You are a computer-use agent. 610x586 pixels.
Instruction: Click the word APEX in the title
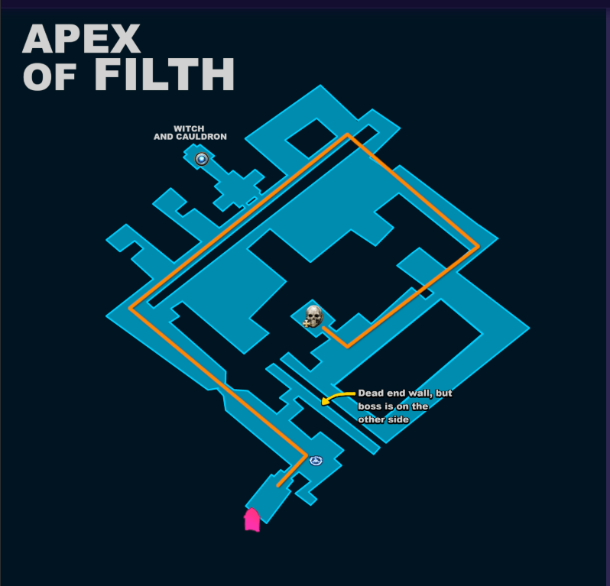pyautogui.click(x=81, y=38)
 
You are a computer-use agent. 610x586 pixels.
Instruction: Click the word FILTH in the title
pyautogui.click(x=164, y=74)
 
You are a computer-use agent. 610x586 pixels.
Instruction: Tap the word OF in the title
pyautogui.click(x=50, y=76)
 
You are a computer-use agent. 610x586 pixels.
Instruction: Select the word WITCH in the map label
pyautogui.click(x=189, y=128)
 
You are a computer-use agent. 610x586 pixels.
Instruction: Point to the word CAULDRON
pyautogui.click(x=201, y=137)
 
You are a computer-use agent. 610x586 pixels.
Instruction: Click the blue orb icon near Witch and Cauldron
pyautogui.click(x=202, y=159)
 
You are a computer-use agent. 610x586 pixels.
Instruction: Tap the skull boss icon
pyautogui.click(x=314, y=316)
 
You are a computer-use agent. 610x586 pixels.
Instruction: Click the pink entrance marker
pyautogui.click(x=251, y=520)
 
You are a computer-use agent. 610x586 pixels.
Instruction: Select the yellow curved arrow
pyautogui.click(x=336, y=397)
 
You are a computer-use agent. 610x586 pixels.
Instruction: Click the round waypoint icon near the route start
pyautogui.click(x=316, y=461)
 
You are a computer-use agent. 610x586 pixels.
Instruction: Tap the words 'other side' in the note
pyautogui.click(x=383, y=419)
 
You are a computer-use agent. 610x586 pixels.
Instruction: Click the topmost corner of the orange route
pyautogui.click(x=347, y=134)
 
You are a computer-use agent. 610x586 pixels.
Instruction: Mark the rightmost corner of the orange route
pyautogui.click(x=479, y=246)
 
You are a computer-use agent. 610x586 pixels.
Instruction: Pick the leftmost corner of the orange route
pyautogui.click(x=131, y=309)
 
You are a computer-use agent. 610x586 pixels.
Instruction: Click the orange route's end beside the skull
pyautogui.click(x=323, y=329)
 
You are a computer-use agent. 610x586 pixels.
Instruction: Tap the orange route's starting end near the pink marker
pyautogui.click(x=278, y=486)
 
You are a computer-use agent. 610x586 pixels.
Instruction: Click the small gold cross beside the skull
pyautogui.click(x=307, y=323)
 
